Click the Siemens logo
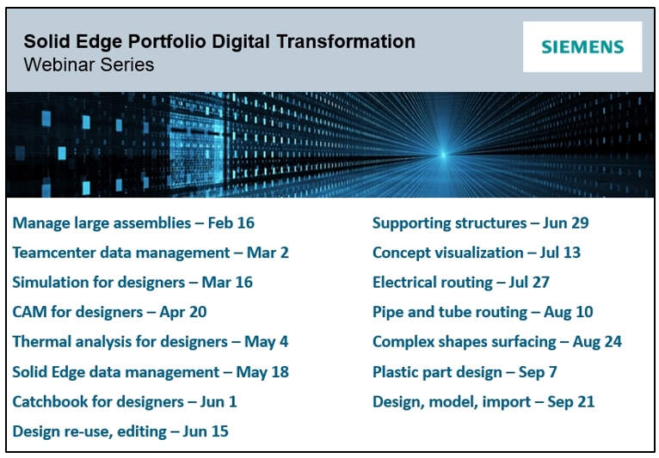(x=582, y=47)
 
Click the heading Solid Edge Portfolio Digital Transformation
(x=219, y=42)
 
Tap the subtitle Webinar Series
(x=89, y=64)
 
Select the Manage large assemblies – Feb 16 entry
(x=133, y=223)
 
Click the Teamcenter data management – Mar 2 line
(x=151, y=253)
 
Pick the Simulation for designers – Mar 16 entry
(x=132, y=283)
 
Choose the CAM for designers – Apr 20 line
(x=109, y=312)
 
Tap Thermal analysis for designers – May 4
(x=150, y=342)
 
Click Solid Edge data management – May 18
(x=151, y=372)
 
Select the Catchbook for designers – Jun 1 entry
(x=125, y=402)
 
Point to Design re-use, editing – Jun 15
(x=120, y=431)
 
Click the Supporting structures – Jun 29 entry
(x=480, y=223)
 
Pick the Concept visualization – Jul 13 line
(x=476, y=253)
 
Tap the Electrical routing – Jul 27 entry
(x=460, y=283)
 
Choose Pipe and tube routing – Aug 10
(x=483, y=312)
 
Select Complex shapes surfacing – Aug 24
(x=496, y=342)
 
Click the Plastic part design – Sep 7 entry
(x=465, y=372)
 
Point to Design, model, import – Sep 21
(x=483, y=402)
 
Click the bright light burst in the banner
(x=443, y=155)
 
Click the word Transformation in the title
(x=346, y=41)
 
